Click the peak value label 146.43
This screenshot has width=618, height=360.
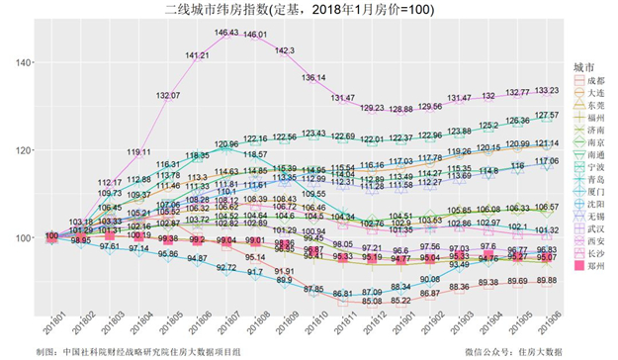click(226, 33)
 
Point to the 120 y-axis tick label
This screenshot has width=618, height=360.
click(21, 150)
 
